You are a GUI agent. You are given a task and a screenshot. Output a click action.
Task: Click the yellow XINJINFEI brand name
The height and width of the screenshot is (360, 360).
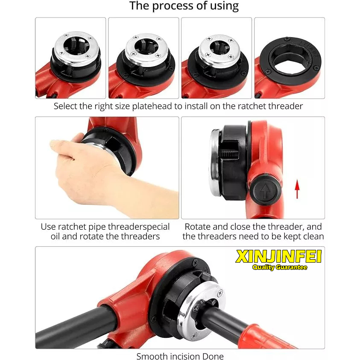click(x=278, y=257)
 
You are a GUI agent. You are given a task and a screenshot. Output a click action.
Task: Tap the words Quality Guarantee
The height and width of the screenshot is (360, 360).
click(x=280, y=267)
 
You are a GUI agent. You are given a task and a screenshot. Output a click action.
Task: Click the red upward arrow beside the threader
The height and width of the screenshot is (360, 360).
click(x=297, y=189)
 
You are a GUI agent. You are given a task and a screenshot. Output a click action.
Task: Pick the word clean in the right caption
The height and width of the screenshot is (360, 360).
click(x=313, y=236)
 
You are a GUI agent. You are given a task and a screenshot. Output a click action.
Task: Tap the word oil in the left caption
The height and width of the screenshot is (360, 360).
click(x=55, y=236)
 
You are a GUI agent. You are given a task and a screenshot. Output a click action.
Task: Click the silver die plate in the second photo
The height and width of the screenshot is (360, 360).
click(x=147, y=49)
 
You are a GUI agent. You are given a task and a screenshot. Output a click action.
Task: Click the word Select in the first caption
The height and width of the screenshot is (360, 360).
click(x=65, y=106)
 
